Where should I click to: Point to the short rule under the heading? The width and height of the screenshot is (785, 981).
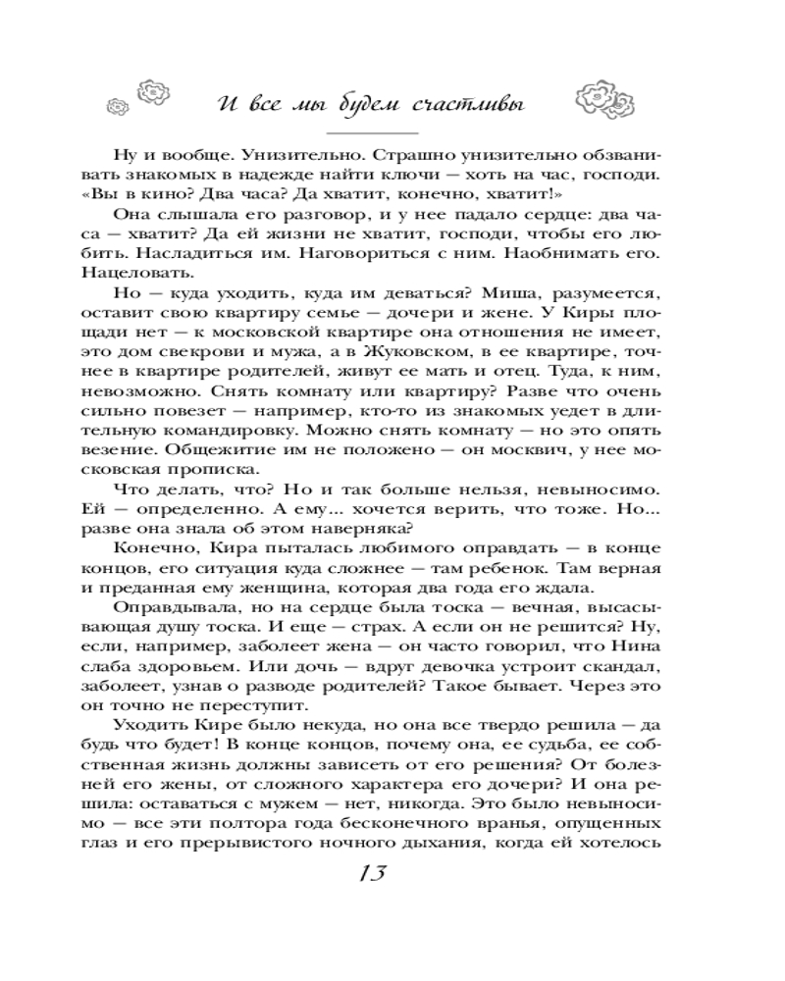371,132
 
